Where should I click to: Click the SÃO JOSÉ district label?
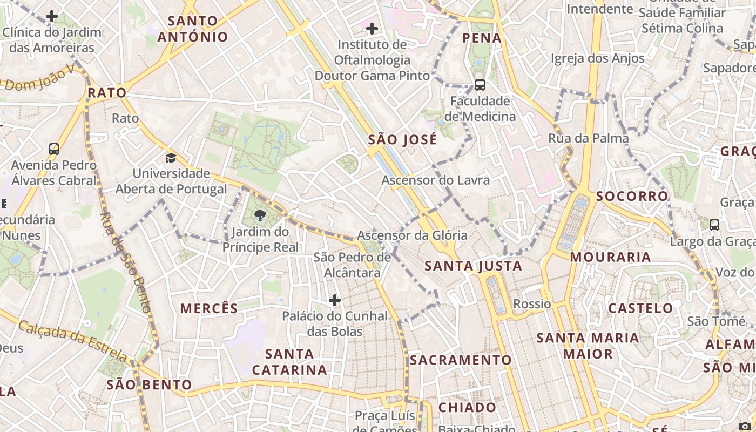402,140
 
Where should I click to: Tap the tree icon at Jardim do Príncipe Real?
260,216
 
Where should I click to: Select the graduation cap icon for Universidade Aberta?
171,158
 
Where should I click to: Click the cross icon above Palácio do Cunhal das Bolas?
335,300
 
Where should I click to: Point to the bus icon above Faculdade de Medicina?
480,85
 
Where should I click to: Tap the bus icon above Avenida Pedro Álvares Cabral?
54,149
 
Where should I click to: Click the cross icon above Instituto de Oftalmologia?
372,29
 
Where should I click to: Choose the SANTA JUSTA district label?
473,266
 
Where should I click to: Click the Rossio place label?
532,304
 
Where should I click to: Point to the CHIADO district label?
467,407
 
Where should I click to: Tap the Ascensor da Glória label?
412,235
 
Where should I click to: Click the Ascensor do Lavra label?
435,180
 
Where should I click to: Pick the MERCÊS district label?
209,308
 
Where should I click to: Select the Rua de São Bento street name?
124,263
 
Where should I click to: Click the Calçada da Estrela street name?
73,340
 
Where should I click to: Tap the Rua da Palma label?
588,138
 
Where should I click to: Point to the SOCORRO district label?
632,196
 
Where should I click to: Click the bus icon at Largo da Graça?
714,225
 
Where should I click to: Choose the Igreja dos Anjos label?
597,58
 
